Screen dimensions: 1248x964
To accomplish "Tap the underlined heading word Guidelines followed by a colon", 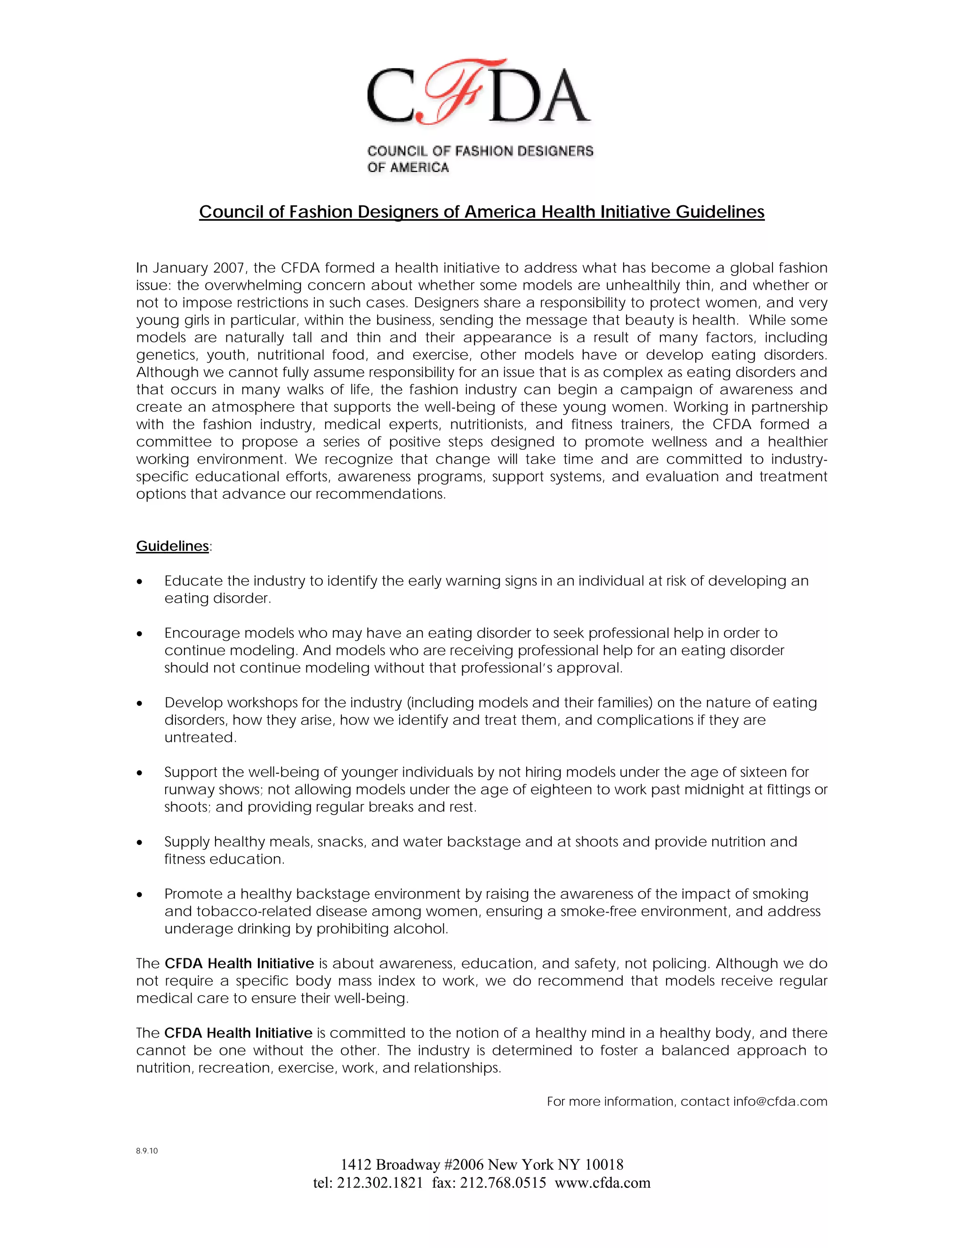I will point(172,546).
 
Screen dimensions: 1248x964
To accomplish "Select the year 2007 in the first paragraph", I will point(230,268).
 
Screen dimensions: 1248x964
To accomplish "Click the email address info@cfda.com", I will point(780,1102).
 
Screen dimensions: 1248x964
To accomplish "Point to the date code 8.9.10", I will point(147,1151).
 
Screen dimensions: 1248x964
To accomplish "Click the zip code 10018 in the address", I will point(604,1165).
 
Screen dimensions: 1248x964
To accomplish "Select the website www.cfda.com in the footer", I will point(602,1183).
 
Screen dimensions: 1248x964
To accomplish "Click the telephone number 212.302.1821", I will point(380,1183).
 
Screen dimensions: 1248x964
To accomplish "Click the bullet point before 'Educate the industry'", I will point(139,582).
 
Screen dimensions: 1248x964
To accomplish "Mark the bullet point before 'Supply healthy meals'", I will point(139,843).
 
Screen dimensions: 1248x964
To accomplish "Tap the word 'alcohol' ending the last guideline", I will point(423,929).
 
